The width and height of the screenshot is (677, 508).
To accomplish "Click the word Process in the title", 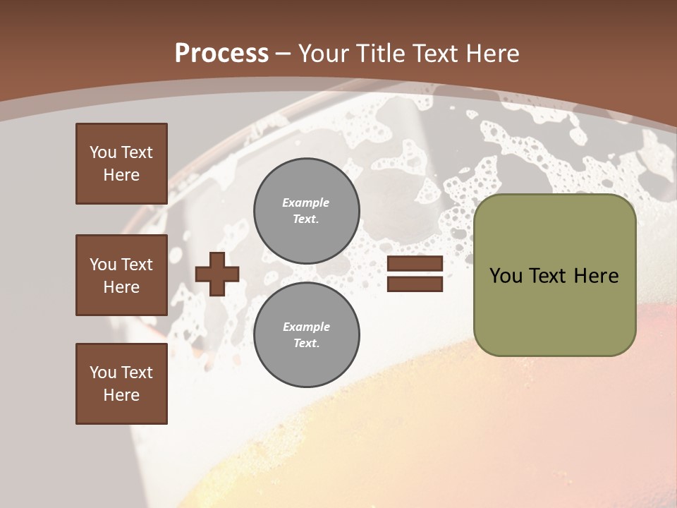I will (x=221, y=54).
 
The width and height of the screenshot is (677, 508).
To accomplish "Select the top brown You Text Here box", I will (x=121, y=164).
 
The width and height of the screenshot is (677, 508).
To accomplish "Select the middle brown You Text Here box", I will (x=121, y=275).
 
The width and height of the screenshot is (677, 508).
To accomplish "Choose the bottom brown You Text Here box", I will (x=121, y=384).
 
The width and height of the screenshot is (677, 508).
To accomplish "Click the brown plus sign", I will (x=217, y=274).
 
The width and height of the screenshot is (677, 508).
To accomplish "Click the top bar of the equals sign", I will (x=415, y=264).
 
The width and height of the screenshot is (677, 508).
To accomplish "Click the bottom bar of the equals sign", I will (x=415, y=284).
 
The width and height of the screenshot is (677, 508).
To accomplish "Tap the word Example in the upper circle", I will (x=305, y=202).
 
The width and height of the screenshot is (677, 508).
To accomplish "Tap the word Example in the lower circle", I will (x=306, y=327).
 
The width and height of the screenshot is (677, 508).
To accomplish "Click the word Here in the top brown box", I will (x=121, y=175).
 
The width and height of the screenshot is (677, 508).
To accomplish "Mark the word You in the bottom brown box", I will (x=103, y=373).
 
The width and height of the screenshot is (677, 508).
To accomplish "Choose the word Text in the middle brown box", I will (x=137, y=265).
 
